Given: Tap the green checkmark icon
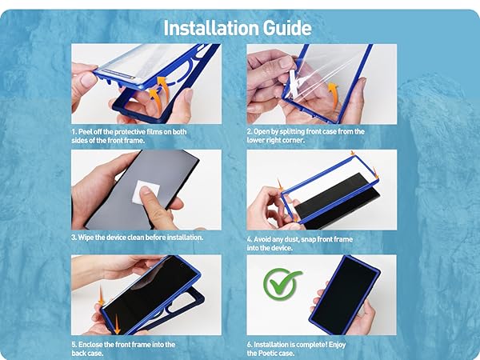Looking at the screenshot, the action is click(282, 284).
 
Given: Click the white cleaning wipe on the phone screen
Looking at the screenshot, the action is click(146, 192).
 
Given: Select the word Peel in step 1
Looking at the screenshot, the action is click(86, 132).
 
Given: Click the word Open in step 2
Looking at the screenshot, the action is click(261, 132).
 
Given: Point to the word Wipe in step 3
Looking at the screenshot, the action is click(86, 238).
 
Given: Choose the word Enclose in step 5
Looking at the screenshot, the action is click(90, 344).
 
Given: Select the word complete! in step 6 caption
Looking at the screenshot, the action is click(312, 345).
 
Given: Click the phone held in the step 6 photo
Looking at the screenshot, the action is click(345, 294).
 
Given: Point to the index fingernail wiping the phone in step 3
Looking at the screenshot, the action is click(145, 190).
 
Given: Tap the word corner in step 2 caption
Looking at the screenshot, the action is click(294, 140).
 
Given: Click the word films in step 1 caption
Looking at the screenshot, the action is click(155, 132).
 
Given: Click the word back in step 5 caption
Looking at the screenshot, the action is click(78, 354).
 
